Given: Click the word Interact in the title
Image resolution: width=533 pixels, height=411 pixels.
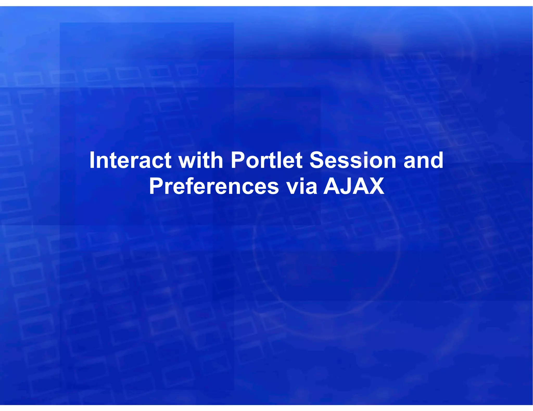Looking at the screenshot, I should [x=130, y=160].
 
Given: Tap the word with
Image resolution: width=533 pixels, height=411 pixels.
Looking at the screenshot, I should [x=200, y=160].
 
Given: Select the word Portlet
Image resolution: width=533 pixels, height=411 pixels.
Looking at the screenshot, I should [x=266, y=160].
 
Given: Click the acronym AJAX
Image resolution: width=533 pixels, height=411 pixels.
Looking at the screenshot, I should [x=354, y=186].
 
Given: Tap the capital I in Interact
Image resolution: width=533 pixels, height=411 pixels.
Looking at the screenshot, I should [x=92, y=160].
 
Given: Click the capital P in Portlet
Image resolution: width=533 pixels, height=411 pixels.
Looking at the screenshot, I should [x=238, y=160].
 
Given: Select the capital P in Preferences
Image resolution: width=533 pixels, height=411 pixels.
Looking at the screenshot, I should [x=156, y=186].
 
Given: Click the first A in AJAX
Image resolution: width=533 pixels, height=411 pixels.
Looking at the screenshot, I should [x=332, y=186].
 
